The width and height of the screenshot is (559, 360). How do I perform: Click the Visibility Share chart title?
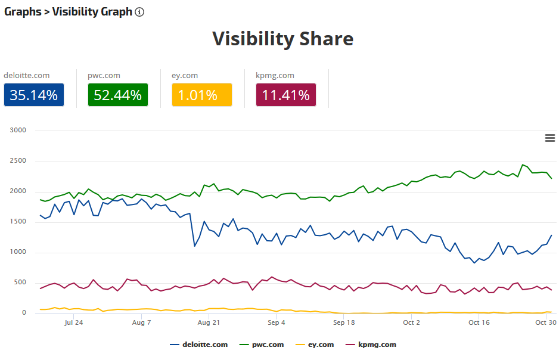tap(282, 39)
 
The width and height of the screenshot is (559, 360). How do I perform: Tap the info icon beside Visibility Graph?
tap(139, 12)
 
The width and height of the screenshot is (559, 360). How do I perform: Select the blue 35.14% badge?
tap(33, 95)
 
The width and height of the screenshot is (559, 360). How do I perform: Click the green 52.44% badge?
tap(117, 95)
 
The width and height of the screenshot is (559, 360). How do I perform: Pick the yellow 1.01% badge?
tap(201, 95)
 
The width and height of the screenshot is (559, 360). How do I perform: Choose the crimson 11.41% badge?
tap(285, 95)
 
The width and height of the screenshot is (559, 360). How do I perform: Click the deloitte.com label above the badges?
tap(26, 76)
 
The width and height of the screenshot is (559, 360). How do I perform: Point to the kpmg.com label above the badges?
tap(275, 76)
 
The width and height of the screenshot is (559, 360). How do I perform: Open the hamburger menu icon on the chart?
tap(550, 138)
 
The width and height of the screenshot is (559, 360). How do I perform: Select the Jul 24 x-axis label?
tap(73, 322)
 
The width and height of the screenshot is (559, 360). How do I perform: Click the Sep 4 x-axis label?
tap(277, 322)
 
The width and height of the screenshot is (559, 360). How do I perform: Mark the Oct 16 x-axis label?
tap(479, 322)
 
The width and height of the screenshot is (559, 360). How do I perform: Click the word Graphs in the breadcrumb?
tap(22, 12)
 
